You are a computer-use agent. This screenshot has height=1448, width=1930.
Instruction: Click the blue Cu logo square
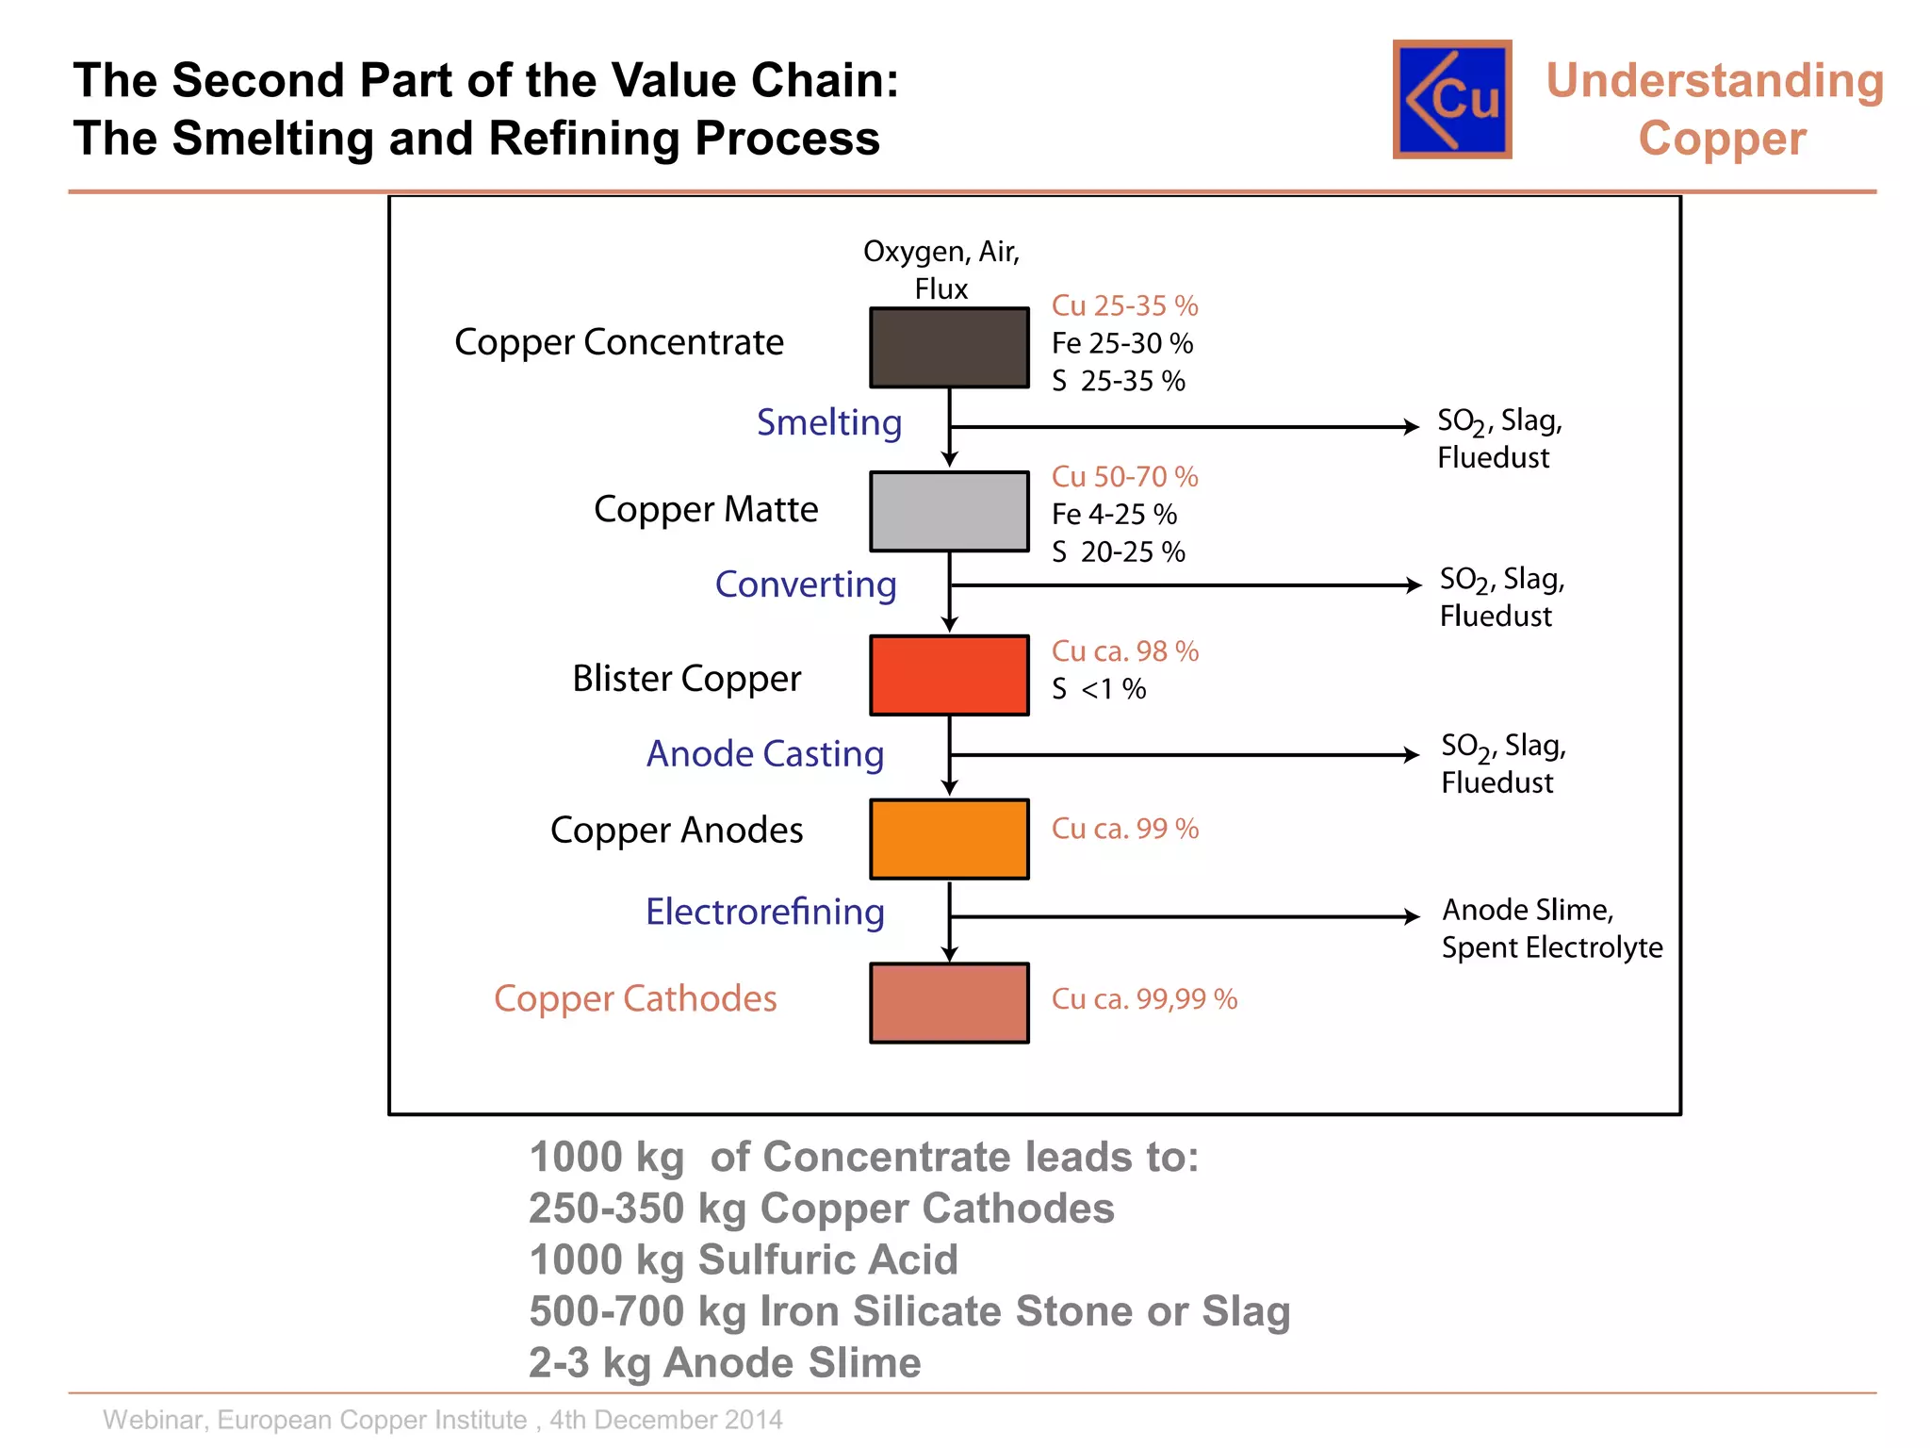(1452, 99)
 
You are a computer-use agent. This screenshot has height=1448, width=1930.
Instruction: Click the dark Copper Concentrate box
(949, 348)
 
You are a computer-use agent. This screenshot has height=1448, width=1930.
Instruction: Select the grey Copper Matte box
(949, 511)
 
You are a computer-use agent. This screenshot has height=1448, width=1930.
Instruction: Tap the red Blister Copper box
(949, 675)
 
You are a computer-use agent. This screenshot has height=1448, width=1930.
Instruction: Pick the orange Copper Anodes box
(949, 839)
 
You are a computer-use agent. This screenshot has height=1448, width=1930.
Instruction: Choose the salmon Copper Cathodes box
(949, 1003)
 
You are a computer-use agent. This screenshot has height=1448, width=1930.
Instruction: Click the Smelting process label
(829, 422)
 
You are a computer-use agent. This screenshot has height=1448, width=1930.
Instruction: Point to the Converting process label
(806, 584)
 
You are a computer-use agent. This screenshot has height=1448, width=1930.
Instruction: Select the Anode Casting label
(765, 754)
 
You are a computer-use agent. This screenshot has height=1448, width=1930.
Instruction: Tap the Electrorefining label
(765, 912)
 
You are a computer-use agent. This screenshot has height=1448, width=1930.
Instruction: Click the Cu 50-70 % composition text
(1124, 477)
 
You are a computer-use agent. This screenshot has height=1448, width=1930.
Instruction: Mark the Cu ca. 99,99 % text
(1144, 999)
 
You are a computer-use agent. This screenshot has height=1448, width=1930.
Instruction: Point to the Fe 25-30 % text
(1122, 343)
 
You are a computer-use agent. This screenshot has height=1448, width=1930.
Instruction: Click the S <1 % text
(1099, 689)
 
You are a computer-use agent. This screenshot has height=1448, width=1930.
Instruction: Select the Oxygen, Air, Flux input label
(941, 270)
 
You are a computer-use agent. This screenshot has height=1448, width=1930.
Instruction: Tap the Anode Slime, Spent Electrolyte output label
(1551, 929)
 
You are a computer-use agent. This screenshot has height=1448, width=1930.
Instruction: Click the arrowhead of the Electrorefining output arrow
(1413, 916)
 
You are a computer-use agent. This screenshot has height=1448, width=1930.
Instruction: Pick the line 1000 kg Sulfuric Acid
(744, 1260)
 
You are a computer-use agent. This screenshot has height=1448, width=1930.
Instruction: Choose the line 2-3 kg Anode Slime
(725, 1363)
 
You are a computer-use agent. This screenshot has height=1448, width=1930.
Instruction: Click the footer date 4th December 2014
(666, 1420)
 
